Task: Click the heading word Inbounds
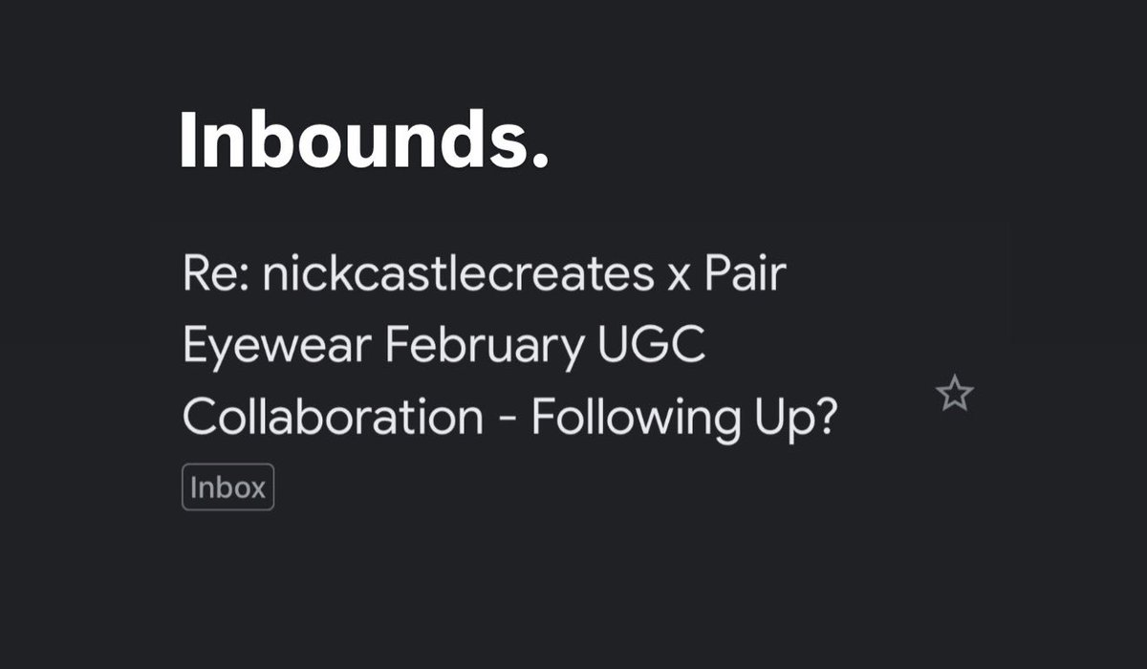coord(353,140)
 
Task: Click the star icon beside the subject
coord(955,394)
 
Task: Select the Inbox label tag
coord(227,487)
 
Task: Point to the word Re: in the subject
coord(214,276)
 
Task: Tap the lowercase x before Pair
coord(673,279)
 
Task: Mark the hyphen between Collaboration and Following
coord(508,421)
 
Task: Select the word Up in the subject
coord(784,419)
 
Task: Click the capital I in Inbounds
coord(188,140)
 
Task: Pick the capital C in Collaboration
coord(197,418)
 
